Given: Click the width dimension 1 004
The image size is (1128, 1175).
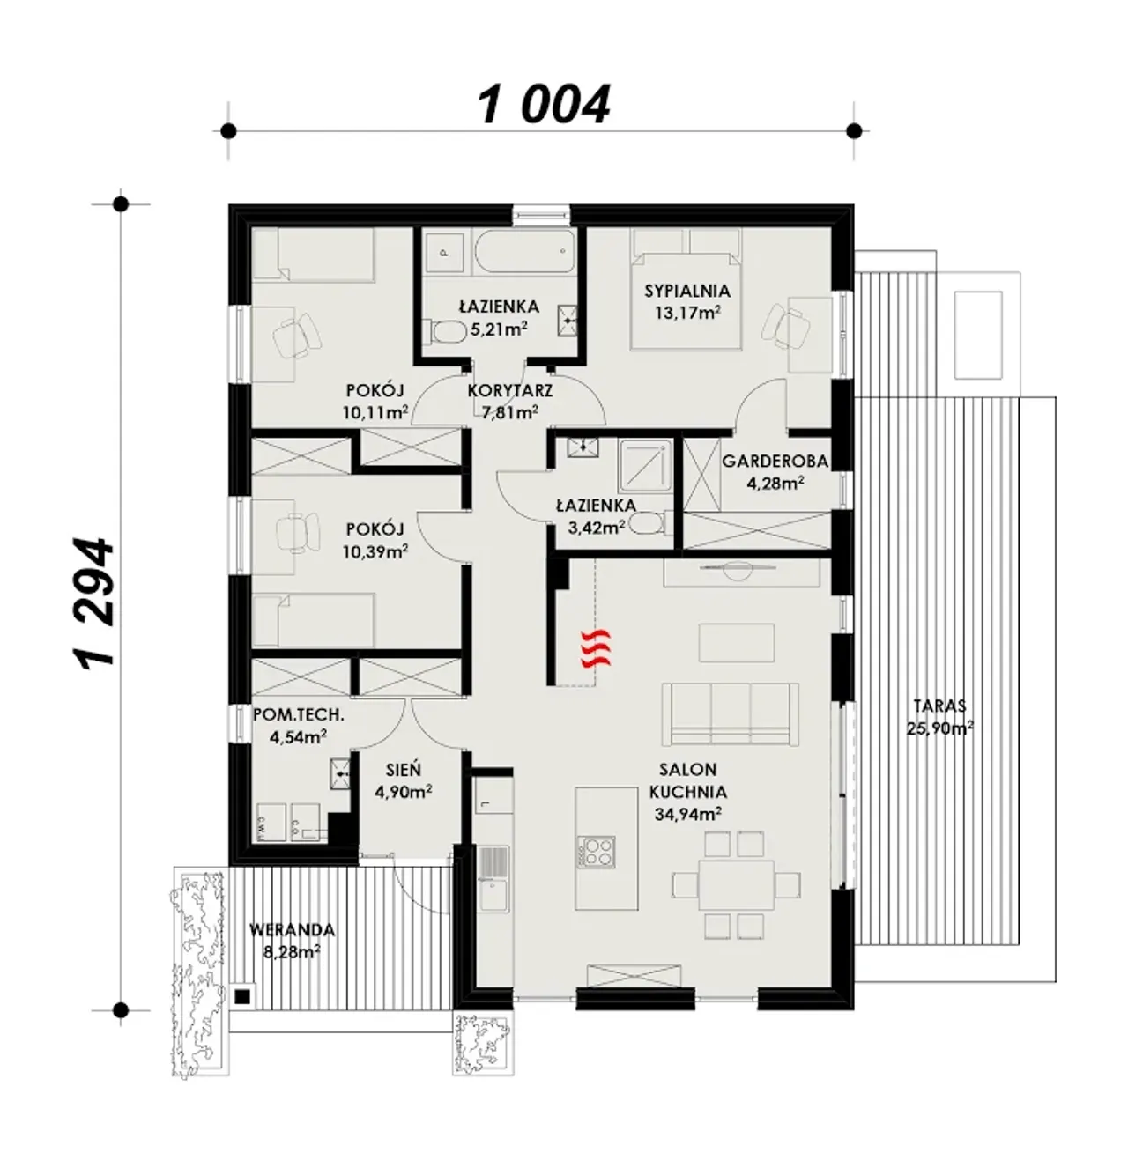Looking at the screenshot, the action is coord(544,105).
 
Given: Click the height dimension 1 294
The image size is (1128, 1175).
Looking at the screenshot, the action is coord(94,602).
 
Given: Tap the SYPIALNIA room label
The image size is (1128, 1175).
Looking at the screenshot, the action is coord(687,291).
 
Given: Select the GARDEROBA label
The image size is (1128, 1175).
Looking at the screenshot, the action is coord(775,462).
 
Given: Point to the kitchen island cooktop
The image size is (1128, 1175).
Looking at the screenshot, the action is coord(596,852).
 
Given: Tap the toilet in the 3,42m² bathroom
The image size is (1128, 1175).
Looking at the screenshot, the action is coord(651,522).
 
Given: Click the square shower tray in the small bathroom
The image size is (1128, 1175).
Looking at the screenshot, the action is coord(645,466).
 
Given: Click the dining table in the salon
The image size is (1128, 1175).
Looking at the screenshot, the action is coord(736,884).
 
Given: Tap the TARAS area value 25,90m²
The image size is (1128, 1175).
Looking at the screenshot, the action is coord(939,728).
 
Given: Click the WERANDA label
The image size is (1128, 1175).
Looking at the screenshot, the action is coord(292,930).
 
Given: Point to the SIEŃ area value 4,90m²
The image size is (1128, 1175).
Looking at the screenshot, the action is coord(403,792).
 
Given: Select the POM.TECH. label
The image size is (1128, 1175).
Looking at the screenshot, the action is coord(299,715).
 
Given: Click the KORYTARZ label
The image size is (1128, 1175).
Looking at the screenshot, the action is coord(510,391).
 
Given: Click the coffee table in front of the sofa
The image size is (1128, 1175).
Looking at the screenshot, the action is coord(736,643).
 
